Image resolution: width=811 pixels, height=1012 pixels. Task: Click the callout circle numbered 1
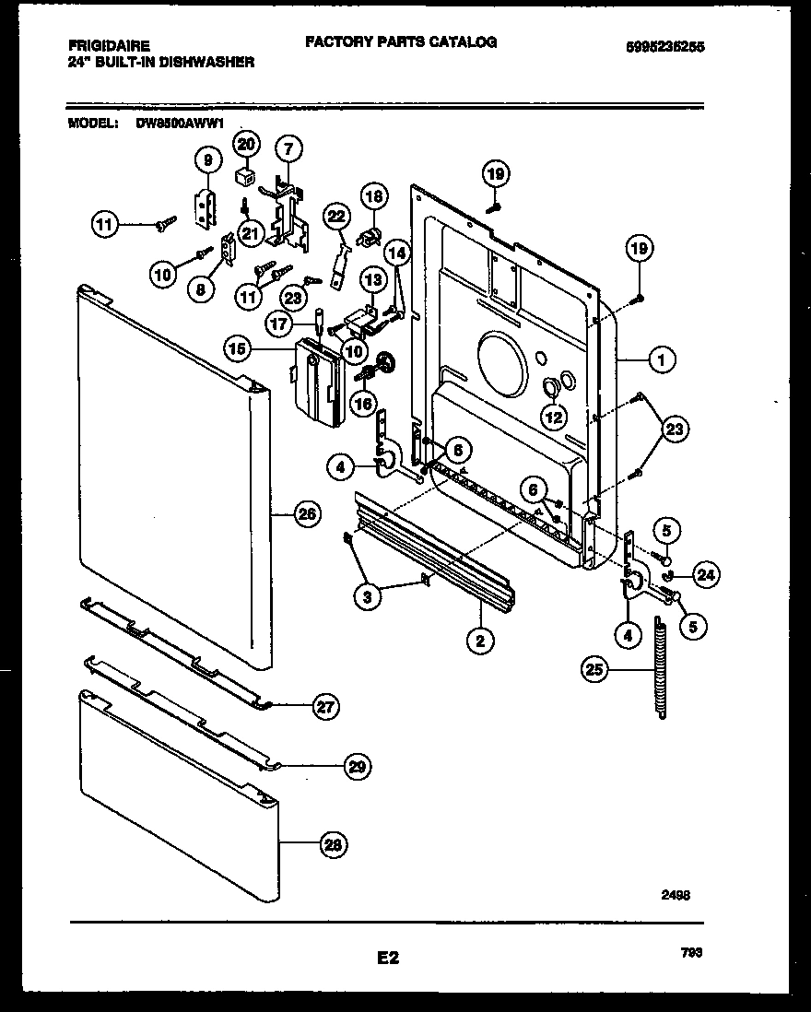point(661,361)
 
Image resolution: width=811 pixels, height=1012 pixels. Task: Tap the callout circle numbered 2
point(479,639)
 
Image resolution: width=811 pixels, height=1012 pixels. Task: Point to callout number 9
point(208,160)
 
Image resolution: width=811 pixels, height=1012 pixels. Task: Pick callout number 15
point(237,348)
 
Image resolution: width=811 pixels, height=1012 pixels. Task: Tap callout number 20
point(246,144)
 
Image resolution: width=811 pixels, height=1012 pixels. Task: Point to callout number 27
point(326,707)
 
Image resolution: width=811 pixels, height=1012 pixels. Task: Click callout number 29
point(359,765)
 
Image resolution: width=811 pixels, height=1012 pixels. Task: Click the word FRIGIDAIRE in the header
point(109,44)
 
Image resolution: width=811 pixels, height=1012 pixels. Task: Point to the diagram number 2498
point(676,894)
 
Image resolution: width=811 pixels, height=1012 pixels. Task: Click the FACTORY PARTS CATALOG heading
point(400,42)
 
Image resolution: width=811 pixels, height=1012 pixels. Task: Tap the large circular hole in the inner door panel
point(501,366)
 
